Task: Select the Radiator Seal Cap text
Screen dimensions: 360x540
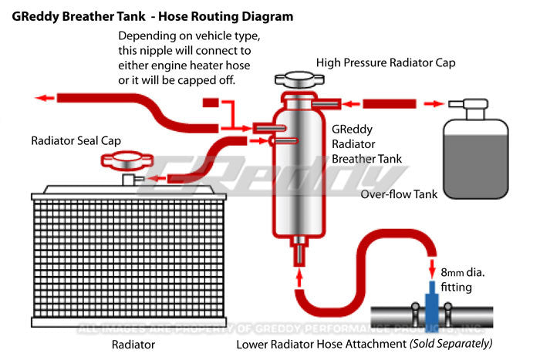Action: pyautogui.click(x=76, y=141)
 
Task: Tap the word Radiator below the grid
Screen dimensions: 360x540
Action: pyautogui.click(x=133, y=344)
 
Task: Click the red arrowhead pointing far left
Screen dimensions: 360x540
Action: pyautogui.click(x=47, y=98)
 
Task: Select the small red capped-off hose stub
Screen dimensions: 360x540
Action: pyautogui.click(x=211, y=103)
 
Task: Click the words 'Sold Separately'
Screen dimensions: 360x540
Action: pyautogui.click(x=451, y=344)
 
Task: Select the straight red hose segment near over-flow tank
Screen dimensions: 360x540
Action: pyautogui.click(x=389, y=103)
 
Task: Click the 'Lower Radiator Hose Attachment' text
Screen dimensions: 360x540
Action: pyautogui.click(x=321, y=344)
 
